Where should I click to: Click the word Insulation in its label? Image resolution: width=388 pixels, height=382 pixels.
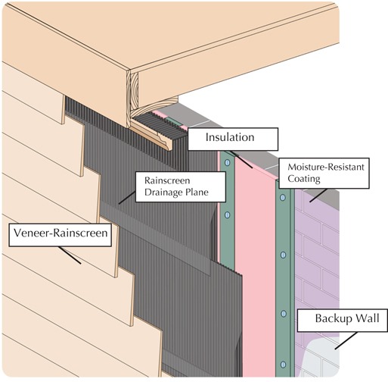click(x=231, y=138)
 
